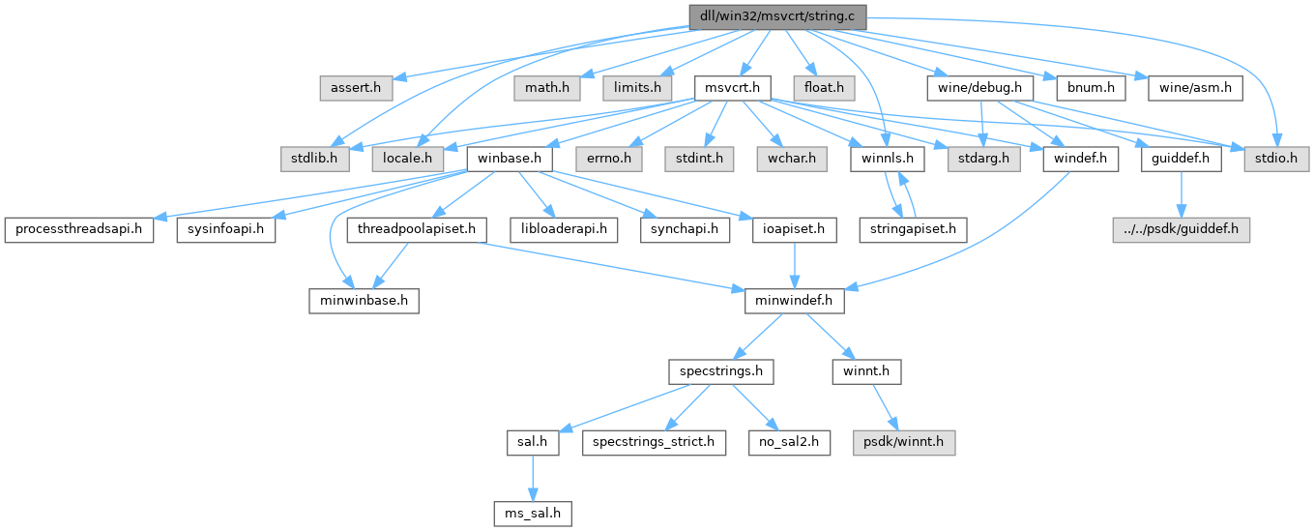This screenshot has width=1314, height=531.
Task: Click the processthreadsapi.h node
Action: pyautogui.click(x=78, y=230)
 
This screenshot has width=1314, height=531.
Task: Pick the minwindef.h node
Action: pyautogui.click(x=795, y=301)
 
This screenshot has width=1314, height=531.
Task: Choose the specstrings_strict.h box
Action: pyautogui.click(x=654, y=442)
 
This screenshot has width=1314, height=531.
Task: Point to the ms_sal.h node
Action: pyautogui.click(x=527, y=513)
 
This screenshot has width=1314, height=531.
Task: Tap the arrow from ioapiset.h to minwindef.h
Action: pyautogui.click(x=795, y=265)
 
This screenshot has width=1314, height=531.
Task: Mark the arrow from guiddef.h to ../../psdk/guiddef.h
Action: pyautogui.click(x=1178, y=194)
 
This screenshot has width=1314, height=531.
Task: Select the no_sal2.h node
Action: pyautogui.click(x=786, y=442)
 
